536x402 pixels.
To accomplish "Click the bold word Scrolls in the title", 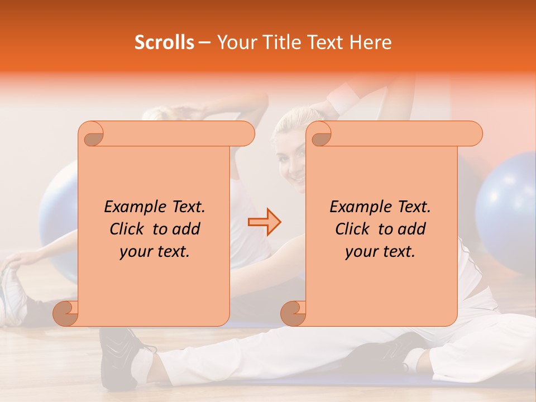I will [164, 42].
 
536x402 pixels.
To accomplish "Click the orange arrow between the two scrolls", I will [264, 222].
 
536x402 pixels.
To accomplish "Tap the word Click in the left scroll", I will [128, 229].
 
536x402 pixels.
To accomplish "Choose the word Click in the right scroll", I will [353, 229].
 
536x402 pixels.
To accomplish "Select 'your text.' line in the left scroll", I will [155, 252].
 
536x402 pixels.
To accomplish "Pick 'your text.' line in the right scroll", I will [380, 252].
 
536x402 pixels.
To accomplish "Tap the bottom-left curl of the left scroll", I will [66, 314].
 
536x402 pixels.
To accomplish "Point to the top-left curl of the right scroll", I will [319, 135].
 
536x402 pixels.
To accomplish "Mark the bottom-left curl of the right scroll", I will [293, 314].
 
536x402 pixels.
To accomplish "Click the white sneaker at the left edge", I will [11, 296].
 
